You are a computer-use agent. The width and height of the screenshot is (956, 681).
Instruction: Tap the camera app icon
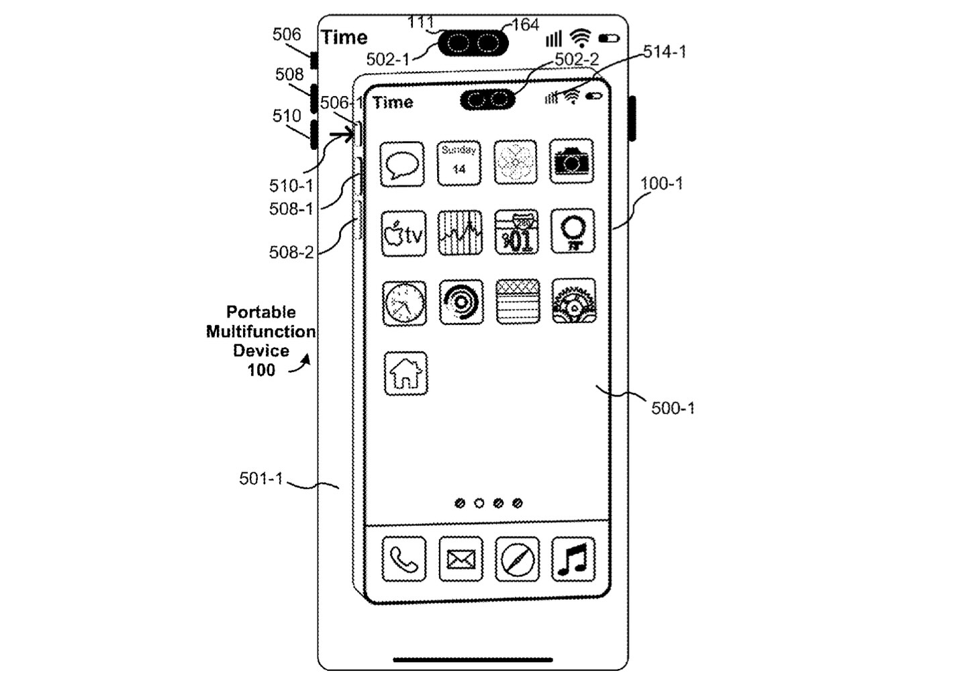(571, 161)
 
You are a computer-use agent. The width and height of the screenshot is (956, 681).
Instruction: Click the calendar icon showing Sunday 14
(459, 163)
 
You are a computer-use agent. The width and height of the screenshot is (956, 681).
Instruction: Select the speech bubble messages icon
(403, 164)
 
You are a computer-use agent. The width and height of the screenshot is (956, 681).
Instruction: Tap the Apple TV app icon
(403, 234)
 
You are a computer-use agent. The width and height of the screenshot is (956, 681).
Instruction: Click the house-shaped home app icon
(406, 373)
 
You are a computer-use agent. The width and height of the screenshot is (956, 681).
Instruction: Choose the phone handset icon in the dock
(404, 559)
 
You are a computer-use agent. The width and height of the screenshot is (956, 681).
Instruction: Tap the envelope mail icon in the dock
(461, 559)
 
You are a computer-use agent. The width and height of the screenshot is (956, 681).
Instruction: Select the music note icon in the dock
(573, 559)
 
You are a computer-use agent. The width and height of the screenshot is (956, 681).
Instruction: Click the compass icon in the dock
(517, 559)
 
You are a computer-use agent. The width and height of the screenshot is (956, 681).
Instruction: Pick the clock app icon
(405, 304)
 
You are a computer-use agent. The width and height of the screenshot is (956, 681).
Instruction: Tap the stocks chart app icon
(460, 233)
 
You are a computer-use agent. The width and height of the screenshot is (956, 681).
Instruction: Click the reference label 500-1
(673, 408)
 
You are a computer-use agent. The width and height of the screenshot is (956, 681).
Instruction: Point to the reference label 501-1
(261, 479)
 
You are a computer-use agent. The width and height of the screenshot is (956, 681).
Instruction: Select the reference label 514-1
(665, 52)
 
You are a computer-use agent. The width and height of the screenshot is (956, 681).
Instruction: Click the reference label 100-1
(661, 183)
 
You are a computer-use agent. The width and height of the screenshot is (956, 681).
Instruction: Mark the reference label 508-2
(291, 253)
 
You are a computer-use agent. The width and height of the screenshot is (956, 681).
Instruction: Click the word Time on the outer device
(344, 38)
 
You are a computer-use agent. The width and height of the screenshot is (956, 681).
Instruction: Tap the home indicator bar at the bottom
(473, 660)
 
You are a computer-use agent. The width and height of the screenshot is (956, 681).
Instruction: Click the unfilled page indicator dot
(479, 503)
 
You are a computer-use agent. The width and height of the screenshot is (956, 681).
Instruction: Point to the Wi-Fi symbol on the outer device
(581, 38)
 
